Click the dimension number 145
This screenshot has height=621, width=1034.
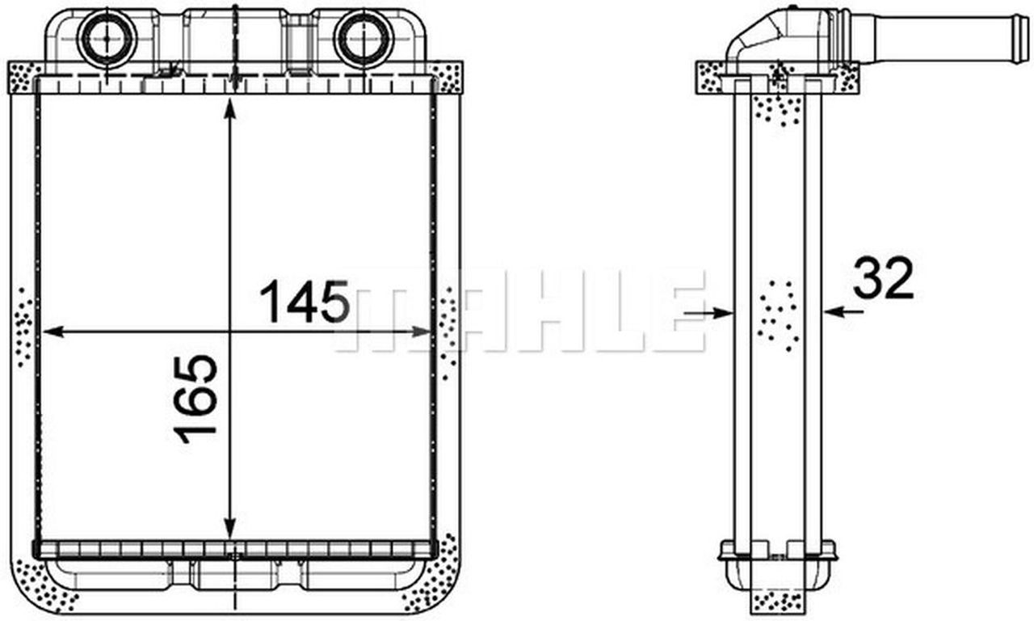pos(305,302)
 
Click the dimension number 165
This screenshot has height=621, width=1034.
pos(195,399)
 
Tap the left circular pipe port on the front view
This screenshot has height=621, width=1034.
pos(107,40)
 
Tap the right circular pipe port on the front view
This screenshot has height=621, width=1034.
pos(364,40)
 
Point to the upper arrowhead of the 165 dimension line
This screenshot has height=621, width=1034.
pos(230,109)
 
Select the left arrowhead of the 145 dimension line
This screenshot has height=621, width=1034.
pos(53,332)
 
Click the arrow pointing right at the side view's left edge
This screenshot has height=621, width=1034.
pos(708,313)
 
